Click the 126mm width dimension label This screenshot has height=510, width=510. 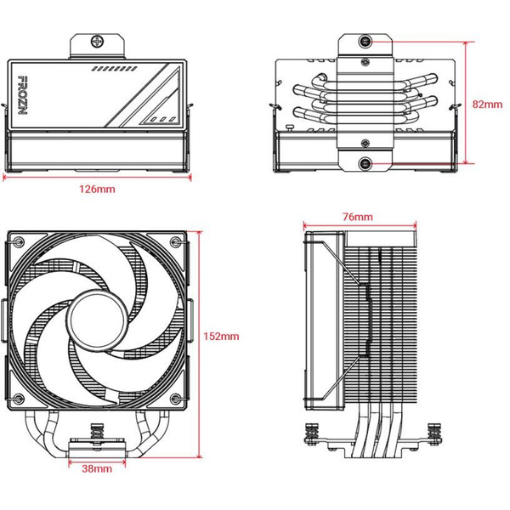(100, 188)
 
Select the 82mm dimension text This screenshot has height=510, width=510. (486, 104)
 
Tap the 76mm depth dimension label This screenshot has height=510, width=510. (357, 218)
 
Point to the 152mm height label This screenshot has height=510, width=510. (222, 337)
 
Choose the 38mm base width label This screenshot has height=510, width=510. (97, 468)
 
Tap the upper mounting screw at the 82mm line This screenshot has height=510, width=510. (365, 41)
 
